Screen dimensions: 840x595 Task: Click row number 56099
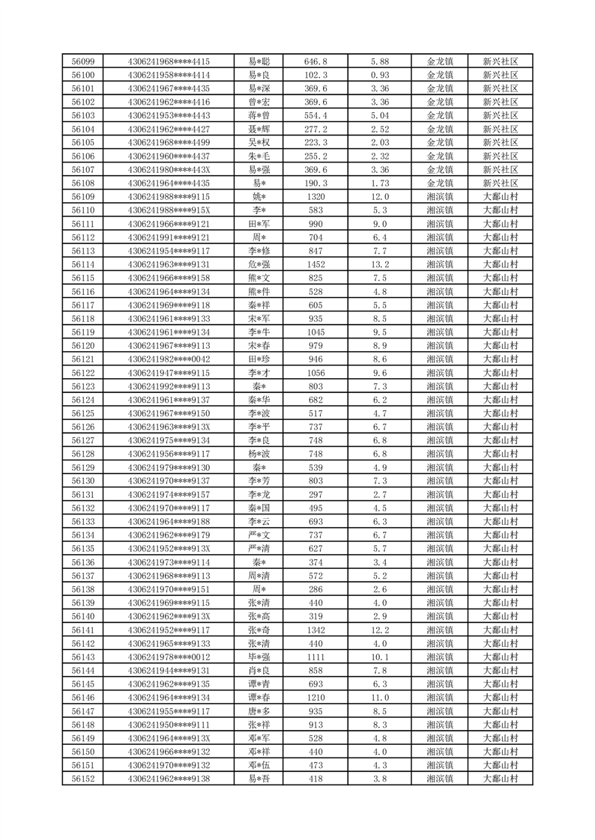coord(82,61)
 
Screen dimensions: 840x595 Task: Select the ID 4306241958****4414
coord(169,75)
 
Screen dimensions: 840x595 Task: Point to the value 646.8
coord(315,61)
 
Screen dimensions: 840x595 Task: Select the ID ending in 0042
coord(169,359)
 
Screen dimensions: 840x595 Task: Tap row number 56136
coord(82,562)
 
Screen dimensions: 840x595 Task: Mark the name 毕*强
coord(259,657)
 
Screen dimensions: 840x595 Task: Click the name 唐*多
coord(259,711)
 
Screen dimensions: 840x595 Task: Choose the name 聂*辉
coord(259,129)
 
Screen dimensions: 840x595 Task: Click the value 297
coord(315,495)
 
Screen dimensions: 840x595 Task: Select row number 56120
coord(82,346)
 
